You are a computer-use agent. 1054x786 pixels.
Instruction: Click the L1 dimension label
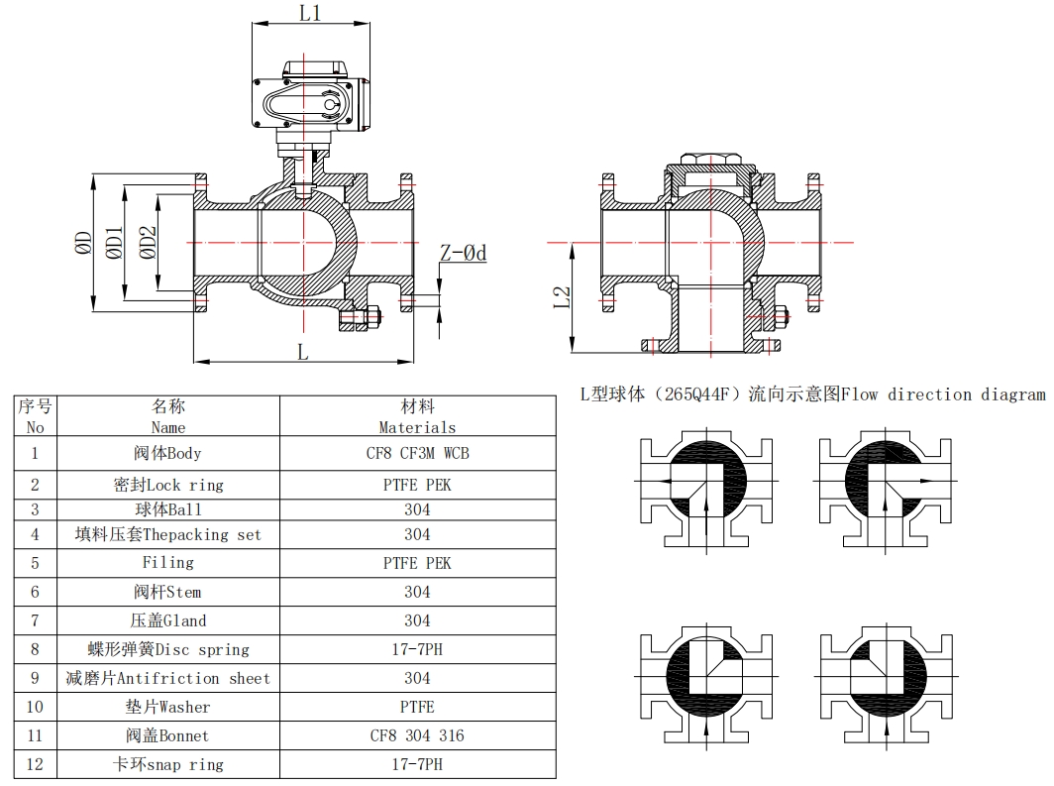click(310, 13)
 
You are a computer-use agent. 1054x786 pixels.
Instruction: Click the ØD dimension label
click(84, 244)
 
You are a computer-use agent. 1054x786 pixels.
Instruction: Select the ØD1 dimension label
click(115, 244)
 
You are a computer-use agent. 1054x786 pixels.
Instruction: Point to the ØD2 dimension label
click(148, 244)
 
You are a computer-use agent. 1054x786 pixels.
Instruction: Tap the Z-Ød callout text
click(463, 254)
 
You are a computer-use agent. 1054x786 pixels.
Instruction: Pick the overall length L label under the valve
click(303, 351)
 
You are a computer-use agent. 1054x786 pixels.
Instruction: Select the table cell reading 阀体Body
click(167, 453)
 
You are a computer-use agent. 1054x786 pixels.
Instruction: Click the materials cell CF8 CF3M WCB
click(417, 453)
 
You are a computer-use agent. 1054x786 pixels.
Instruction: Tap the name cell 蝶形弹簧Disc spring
click(167, 649)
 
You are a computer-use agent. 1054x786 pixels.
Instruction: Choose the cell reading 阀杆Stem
click(167, 592)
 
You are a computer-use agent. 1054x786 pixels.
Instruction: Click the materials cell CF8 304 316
click(417, 735)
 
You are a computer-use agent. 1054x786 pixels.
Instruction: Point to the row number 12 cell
click(36, 764)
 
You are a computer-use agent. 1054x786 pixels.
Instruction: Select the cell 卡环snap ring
click(167, 764)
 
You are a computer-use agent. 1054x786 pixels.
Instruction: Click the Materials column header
click(417, 416)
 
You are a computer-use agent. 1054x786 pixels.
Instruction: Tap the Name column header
click(167, 416)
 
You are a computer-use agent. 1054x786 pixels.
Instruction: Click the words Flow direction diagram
click(942, 394)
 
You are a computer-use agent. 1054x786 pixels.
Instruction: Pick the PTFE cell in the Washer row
click(417, 707)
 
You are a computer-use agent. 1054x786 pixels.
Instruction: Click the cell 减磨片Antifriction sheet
click(167, 678)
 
